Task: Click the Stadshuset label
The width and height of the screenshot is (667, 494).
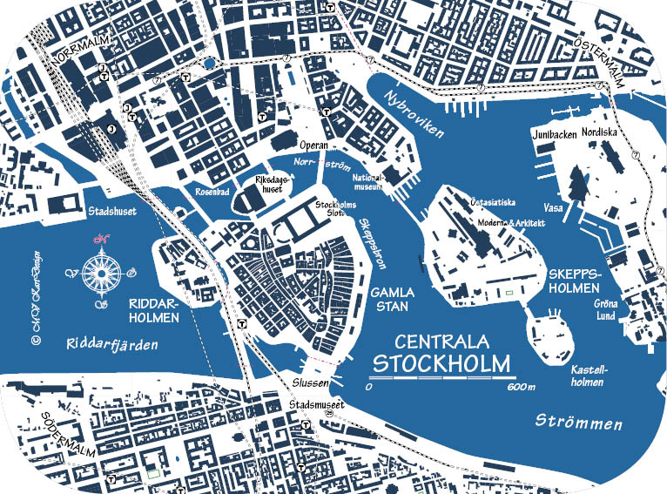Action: point(113,212)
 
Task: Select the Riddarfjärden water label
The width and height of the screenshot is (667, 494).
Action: point(112,344)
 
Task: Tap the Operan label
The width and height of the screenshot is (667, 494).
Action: point(313,145)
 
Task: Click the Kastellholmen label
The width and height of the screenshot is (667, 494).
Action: point(589,375)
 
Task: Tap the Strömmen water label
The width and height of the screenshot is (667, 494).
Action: point(579,423)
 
